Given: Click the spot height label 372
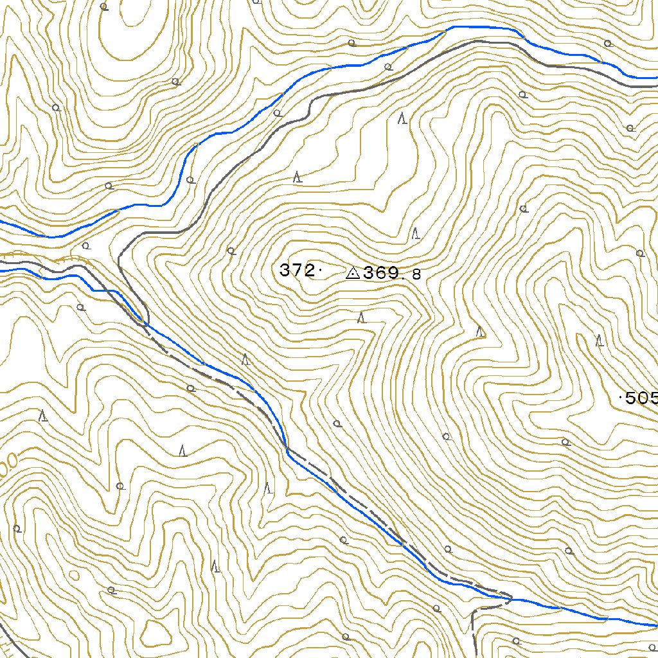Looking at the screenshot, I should (297, 271).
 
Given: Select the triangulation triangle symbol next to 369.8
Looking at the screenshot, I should (352, 274).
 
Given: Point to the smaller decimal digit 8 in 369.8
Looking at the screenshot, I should (416, 275).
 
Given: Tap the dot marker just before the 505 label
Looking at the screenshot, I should (620, 398).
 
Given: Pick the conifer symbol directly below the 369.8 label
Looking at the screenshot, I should (361, 317).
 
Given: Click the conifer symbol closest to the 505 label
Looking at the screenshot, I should (600, 341).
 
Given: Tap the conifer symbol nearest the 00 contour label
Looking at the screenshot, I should (43, 416).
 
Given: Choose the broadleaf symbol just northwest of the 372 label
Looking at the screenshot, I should (231, 251).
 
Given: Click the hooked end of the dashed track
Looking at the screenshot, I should (509, 598).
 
